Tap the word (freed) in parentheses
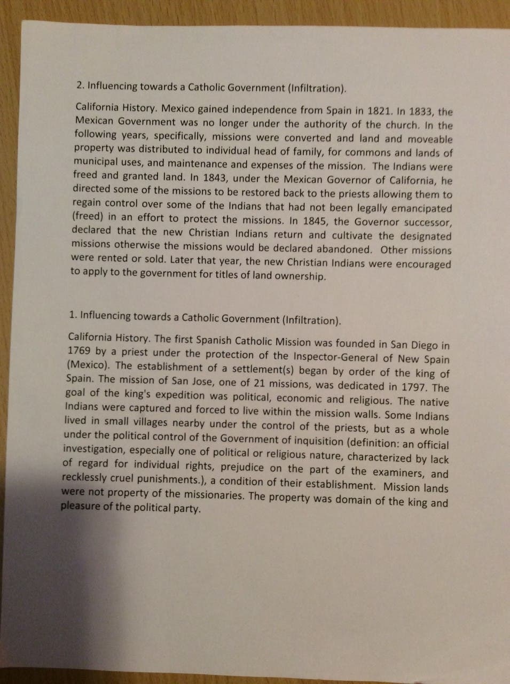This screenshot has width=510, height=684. pyautogui.click(x=88, y=217)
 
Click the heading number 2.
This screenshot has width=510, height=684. pyautogui.click(x=80, y=85)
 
